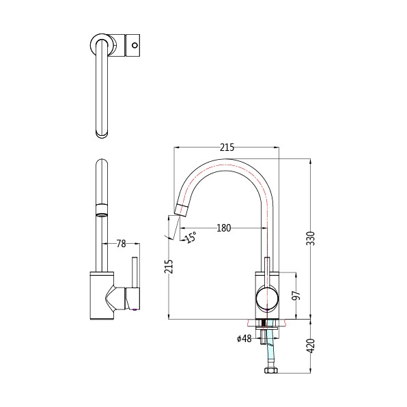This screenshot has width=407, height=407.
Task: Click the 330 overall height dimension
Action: pyautogui.click(x=311, y=238)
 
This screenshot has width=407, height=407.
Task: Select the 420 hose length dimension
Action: pyautogui.click(x=311, y=346)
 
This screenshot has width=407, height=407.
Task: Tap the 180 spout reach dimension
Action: pyautogui.click(x=223, y=228)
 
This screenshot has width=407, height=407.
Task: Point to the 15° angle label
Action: pyautogui.click(x=191, y=237)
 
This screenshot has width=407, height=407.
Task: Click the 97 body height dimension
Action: pyautogui.click(x=296, y=296)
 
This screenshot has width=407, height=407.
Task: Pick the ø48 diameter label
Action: pyautogui.click(x=244, y=339)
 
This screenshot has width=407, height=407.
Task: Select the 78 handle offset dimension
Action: pyautogui.click(x=121, y=244)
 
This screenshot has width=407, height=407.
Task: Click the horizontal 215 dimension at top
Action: pyautogui.click(x=227, y=148)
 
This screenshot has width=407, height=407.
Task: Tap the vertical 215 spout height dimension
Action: pyautogui.click(x=169, y=266)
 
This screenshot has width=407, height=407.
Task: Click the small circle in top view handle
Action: pyautogui.click(x=135, y=45)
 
